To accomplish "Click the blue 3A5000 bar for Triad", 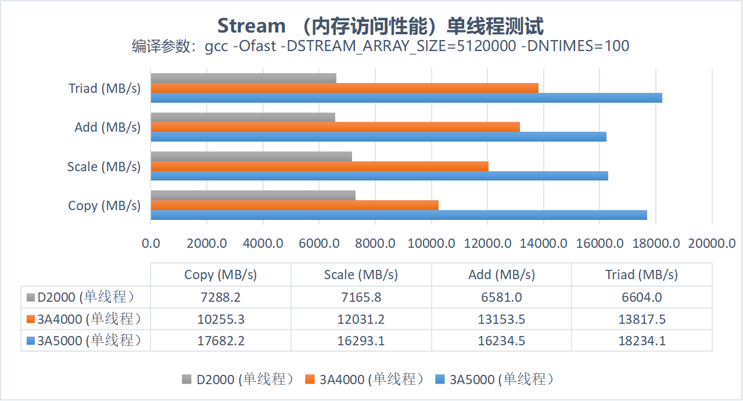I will [x=406, y=98].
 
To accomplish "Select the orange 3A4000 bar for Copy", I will [x=295, y=205].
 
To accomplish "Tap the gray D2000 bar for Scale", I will [x=252, y=156].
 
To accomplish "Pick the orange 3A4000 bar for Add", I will [x=335, y=127].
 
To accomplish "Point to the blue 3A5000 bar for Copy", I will [x=399, y=215].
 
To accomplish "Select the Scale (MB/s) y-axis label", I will [x=104, y=167].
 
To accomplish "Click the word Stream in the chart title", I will [x=252, y=26].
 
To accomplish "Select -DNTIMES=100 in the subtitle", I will [x=575, y=46].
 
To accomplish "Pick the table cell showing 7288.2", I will [x=220, y=297].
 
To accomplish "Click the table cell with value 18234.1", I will [x=642, y=341].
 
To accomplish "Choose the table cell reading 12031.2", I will [x=361, y=319].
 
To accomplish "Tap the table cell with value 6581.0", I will [x=501, y=297].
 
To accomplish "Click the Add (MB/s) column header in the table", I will [x=501, y=274].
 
